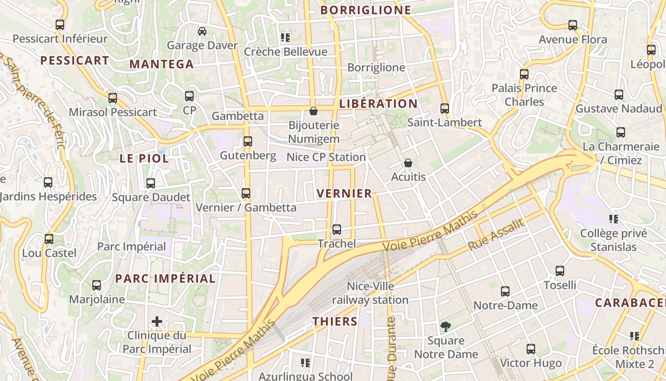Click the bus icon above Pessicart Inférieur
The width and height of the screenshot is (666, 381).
[x=60, y=25]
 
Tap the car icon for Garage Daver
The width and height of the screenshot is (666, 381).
[x=202, y=31]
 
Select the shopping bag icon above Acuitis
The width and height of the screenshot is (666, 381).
[x=408, y=163]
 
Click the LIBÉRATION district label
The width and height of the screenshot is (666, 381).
[x=379, y=103]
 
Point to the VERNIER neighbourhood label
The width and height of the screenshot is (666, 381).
[x=344, y=193]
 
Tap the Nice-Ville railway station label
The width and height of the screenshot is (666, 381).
[x=370, y=293]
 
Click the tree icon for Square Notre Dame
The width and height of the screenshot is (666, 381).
[x=446, y=327]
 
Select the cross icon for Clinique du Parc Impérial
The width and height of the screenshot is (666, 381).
[x=157, y=321]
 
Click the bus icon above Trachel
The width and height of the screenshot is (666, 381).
[x=337, y=230]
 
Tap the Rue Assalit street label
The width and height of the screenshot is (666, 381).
[x=496, y=235]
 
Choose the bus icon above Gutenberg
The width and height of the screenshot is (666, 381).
[x=248, y=141]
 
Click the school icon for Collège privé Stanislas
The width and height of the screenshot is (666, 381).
[x=614, y=219]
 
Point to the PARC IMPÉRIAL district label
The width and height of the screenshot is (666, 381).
[x=166, y=279]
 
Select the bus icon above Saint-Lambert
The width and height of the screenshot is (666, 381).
[x=445, y=109]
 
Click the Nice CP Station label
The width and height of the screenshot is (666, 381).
[x=326, y=157]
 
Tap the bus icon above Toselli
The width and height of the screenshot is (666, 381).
[x=560, y=271]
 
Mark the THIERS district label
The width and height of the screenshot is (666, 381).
[x=335, y=321]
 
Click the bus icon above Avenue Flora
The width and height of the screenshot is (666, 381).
[x=573, y=25]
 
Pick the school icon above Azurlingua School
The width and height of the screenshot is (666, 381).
[x=305, y=363]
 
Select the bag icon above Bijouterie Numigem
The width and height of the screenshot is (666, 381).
[x=313, y=111]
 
